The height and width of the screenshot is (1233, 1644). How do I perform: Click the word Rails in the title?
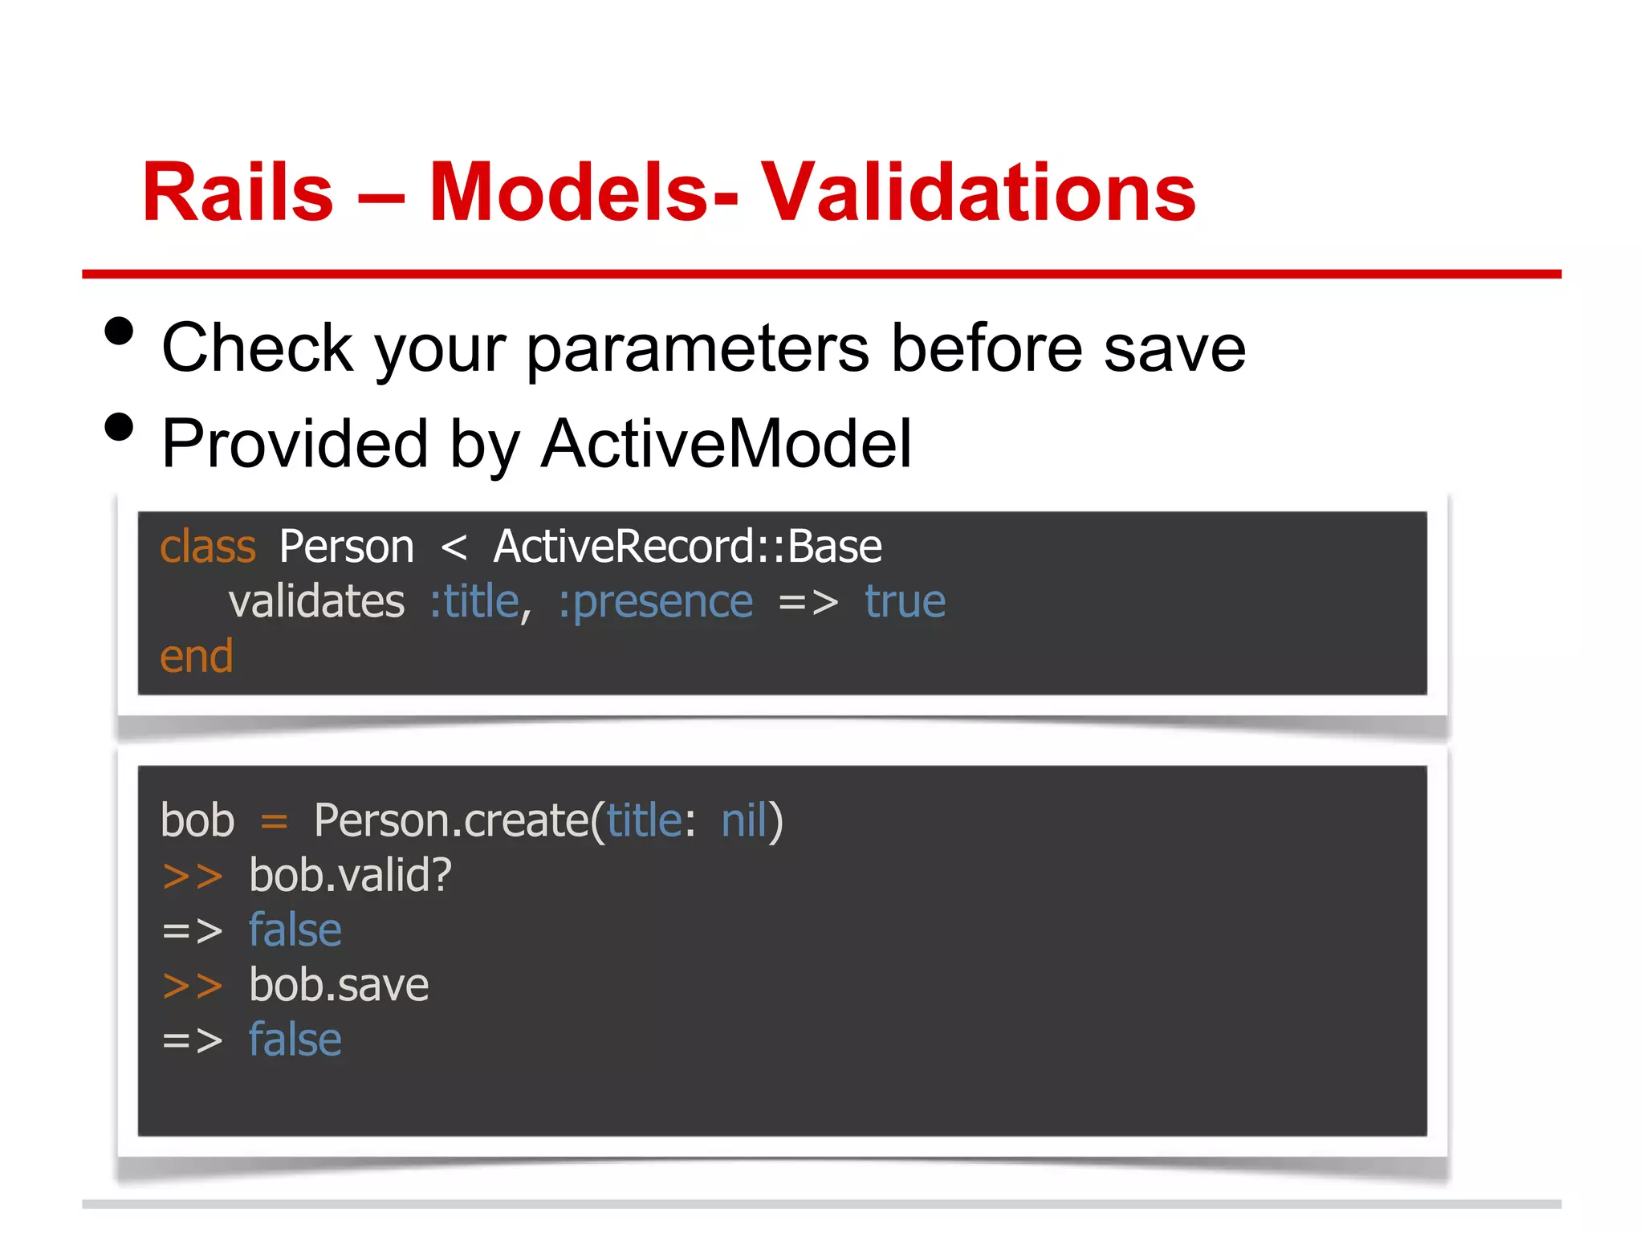pos(238,193)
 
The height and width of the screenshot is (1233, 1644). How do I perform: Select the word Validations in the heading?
pos(978,193)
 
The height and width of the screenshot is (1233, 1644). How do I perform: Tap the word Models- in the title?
pos(583,193)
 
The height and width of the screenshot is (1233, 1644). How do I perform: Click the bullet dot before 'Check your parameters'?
pos(119,332)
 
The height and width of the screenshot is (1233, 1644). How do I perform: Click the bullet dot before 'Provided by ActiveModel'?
pos(119,427)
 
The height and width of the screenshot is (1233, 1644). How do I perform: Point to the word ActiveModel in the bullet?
pos(726,444)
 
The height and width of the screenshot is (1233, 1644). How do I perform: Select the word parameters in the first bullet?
pos(698,348)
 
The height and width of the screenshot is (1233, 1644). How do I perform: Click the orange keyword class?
pos(207,547)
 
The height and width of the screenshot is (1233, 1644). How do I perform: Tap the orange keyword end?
pos(196,657)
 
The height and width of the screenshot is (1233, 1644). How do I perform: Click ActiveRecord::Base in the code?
pos(687,547)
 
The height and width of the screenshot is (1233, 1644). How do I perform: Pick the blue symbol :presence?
pos(656,602)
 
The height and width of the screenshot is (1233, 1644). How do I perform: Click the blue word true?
pos(905,602)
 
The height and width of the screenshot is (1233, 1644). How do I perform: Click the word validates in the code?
pos(316,602)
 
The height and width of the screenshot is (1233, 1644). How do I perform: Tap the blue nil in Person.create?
pos(744,821)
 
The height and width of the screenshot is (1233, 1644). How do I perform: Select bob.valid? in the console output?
pos(350,876)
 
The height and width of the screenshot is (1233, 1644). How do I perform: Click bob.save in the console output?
pos(339,986)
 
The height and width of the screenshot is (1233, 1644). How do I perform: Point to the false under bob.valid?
pos(295,930)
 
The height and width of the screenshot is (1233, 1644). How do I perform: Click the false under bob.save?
pos(295,1040)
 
